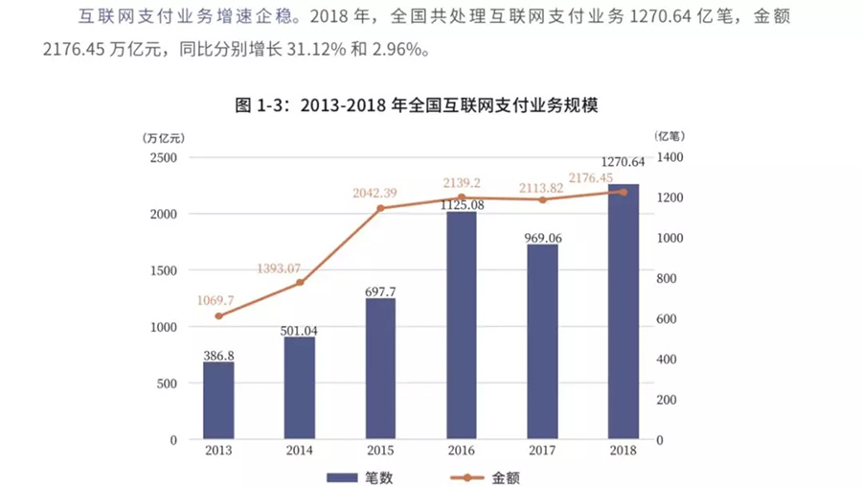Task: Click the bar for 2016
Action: click(x=462, y=326)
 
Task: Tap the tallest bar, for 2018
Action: click(x=624, y=312)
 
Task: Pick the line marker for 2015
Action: click(x=380, y=208)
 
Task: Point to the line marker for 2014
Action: click(x=300, y=282)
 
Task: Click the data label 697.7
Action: click(x=380, y=290)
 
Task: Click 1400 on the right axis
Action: click(x=671, y=157)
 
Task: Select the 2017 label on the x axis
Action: click(x=542, y=450)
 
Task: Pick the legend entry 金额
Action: click(x=489, y=476)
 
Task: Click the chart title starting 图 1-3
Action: click(x=417, y=105)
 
